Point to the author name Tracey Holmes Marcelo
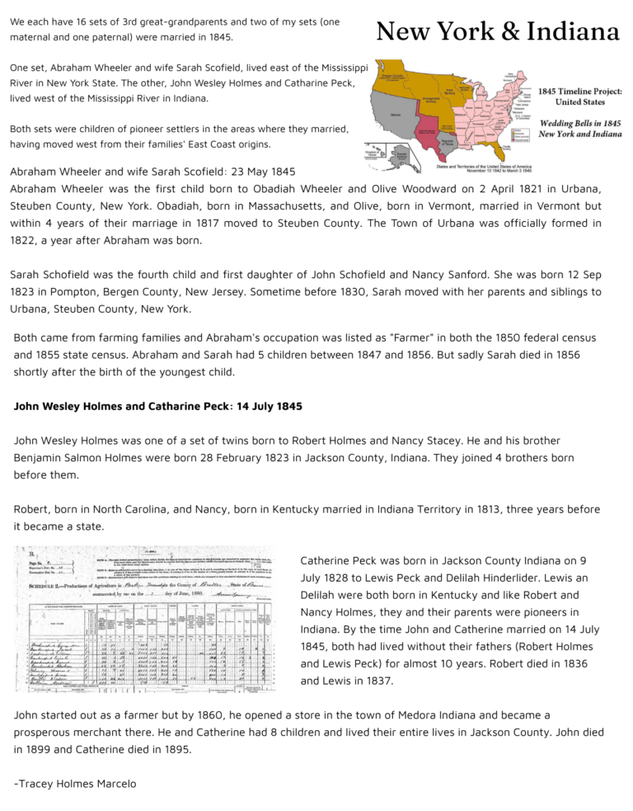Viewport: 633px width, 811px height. coord(75,783)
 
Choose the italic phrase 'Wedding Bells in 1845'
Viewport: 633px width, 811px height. coord(579,123)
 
